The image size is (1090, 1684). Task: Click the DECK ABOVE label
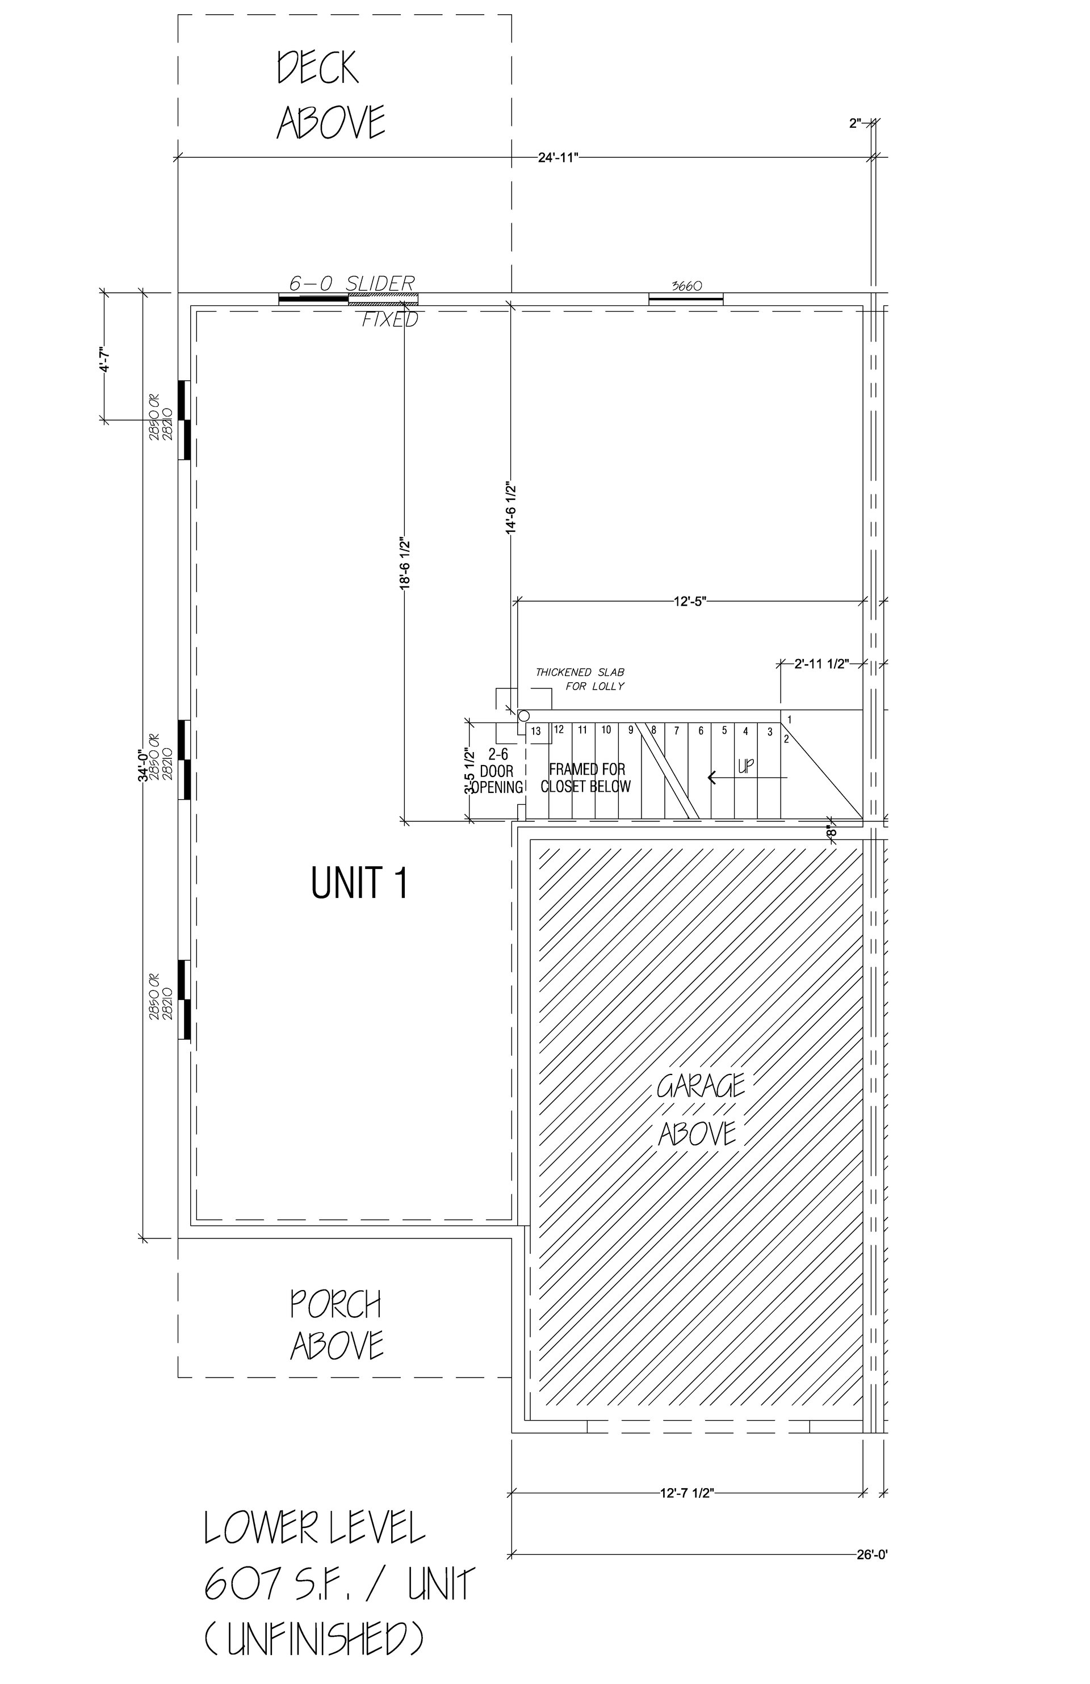330,95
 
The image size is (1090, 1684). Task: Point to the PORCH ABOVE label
337,1325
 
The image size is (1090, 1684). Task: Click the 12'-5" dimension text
690,602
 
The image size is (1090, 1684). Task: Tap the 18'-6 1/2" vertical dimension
405,562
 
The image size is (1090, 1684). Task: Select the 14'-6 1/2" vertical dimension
511,507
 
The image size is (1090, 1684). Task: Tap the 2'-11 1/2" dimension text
821,665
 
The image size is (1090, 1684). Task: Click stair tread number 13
536,731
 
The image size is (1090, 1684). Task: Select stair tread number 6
701,731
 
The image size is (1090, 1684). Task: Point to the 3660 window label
686,287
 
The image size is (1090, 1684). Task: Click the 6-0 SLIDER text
352,284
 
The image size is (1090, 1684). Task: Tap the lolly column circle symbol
524,716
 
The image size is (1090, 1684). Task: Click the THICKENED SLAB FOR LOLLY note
580,679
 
